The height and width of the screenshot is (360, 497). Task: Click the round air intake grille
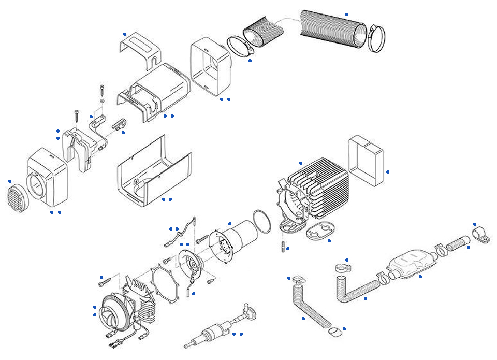tap(19, 197)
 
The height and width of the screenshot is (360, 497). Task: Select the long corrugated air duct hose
tap(334, 31)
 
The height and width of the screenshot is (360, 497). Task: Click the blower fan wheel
tap(113, 312)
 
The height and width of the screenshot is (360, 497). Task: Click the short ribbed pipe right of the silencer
tap(458, 242)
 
